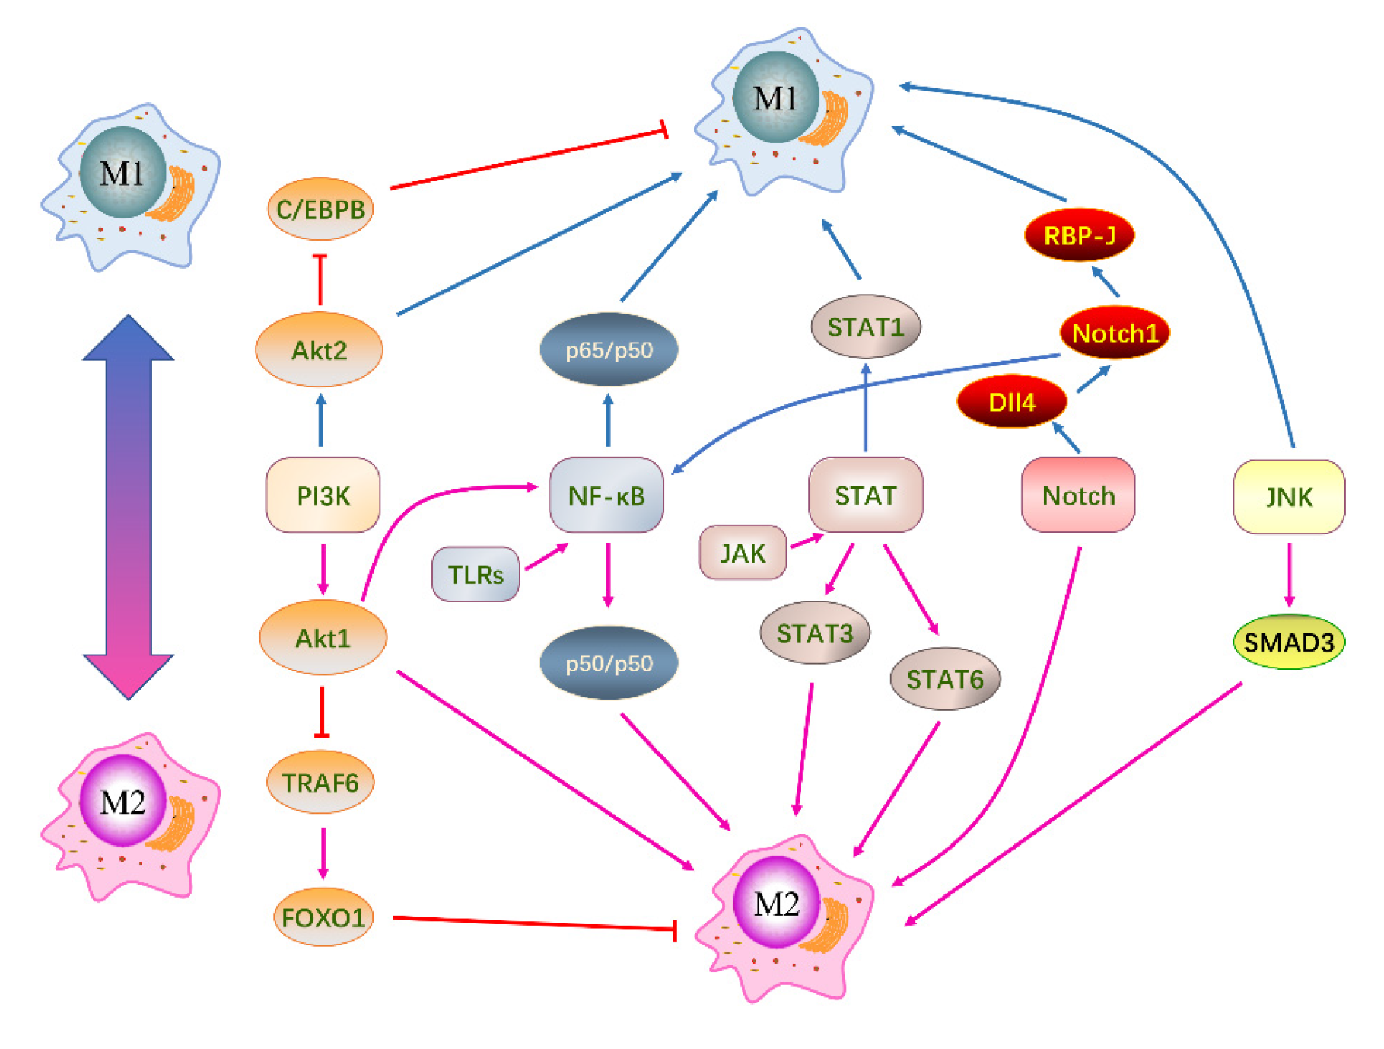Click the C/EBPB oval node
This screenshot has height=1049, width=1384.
pos(320,209)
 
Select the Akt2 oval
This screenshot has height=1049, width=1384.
pos(320,350)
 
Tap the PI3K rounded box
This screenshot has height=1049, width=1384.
pos(323,496)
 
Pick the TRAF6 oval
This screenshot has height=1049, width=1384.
pos(320,783)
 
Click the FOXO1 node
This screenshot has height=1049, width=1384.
pos(323,917)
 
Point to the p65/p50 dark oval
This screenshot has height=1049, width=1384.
pos(609,350)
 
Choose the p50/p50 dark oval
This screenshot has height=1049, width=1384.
pos(609,663)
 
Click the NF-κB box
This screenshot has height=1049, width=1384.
pos(606,496)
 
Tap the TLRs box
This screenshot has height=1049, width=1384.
pos(476,574)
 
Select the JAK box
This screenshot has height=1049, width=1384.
pos(743,553)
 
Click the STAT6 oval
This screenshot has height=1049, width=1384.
pos(945,679)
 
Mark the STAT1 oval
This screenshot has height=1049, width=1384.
pos(866,327)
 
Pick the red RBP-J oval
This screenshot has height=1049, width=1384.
pos(1080,235)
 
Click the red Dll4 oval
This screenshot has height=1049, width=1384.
pos(1011,402)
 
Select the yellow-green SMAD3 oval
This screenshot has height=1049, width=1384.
pos(1289,642)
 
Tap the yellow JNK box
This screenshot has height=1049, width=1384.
pos(1289,497)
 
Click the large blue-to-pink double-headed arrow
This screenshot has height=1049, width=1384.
pos(129,506)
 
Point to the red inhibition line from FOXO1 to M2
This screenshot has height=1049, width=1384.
pos(533,923)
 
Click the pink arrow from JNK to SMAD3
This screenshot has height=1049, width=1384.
pos(1289,575)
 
